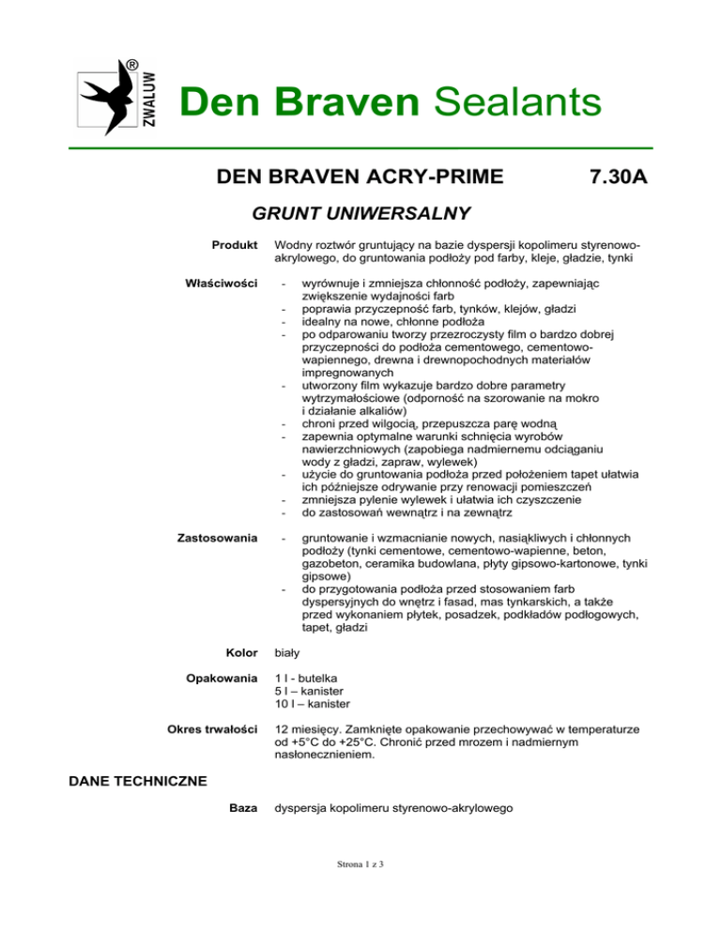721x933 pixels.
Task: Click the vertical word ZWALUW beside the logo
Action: pos(151,99)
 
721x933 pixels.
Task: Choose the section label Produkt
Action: pos(236,245)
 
